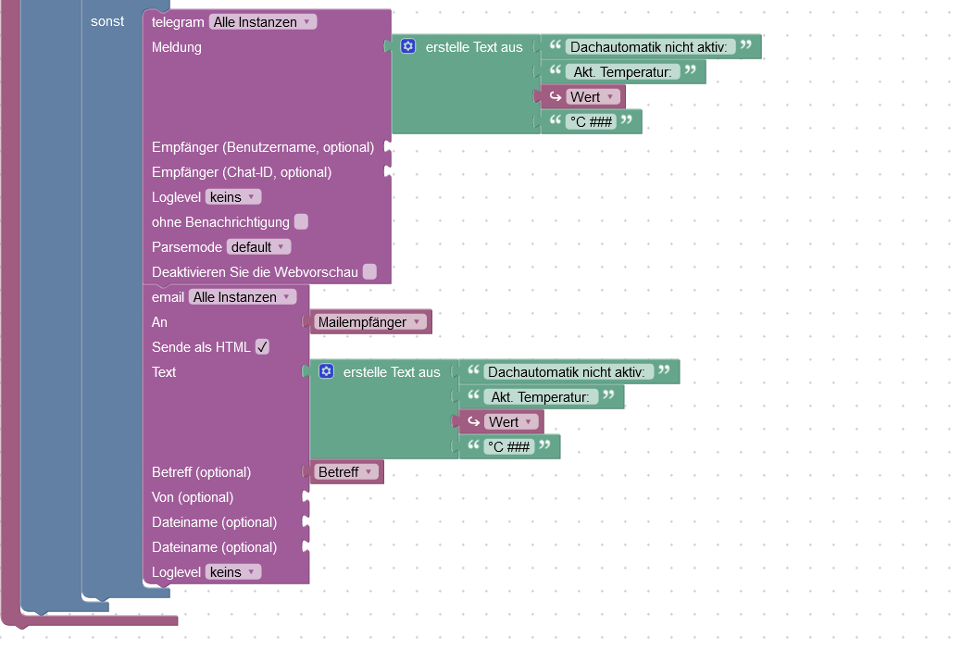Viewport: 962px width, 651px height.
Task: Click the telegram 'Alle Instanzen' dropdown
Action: point(263,21)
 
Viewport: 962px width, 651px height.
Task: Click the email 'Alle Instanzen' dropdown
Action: point(243,297)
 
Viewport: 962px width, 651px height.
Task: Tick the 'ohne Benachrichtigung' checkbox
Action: point(301,222)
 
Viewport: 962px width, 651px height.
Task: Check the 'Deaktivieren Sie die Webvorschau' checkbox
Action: point(369,271)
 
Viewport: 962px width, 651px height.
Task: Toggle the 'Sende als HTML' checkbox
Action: point(262,347)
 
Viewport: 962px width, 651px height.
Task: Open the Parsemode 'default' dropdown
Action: point(258,247)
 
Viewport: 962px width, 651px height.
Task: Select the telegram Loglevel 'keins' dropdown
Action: point(232,197)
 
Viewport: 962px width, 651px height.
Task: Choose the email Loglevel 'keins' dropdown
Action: point(232,572)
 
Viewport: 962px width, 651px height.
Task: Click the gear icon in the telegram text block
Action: point(408,46)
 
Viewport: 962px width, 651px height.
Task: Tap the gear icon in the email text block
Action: point(326,371)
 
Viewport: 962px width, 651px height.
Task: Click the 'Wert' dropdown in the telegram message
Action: point(592,97)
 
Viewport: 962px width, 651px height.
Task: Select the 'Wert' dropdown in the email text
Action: point(510,422)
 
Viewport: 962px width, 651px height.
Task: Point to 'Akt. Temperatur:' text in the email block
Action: point(541,397)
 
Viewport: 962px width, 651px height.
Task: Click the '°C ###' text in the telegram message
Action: point(592,122)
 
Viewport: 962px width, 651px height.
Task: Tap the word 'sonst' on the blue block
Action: point(107,21)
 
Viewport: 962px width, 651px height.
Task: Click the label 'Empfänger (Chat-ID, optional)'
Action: point(242,172)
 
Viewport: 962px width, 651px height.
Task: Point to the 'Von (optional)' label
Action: point(193,497)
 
